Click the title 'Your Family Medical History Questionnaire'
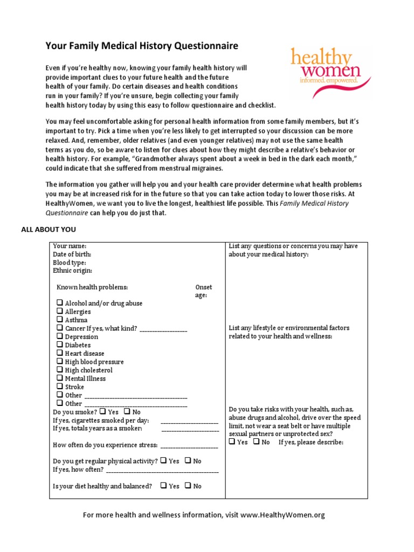142,46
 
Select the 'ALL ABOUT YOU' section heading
49,230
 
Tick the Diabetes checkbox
59,345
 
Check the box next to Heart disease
59,354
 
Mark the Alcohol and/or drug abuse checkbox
59,303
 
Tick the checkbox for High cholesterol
59,370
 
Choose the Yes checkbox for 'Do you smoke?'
102,412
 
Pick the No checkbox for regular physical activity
188,461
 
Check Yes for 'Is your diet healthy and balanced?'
163,486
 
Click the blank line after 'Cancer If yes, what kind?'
163,329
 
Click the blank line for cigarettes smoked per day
190,420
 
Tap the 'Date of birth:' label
72,254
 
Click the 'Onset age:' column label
203,291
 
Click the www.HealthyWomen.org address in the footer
282,515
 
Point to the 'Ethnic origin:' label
72,271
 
